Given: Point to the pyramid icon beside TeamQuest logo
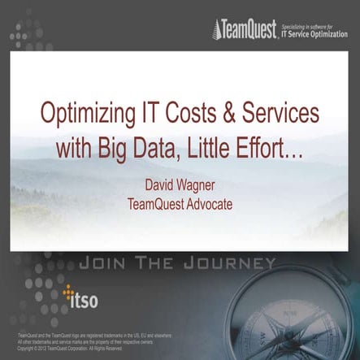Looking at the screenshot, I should pyautogui.click(x=217, y=31).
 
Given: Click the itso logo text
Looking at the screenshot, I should pyautogui.click(x=84, y=302).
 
